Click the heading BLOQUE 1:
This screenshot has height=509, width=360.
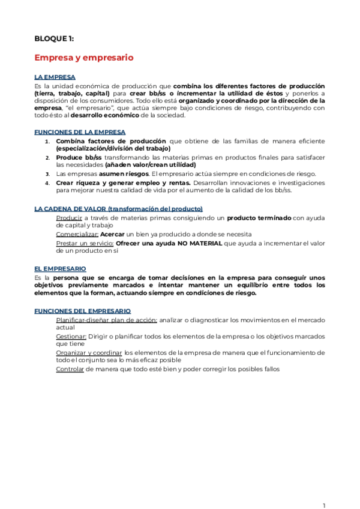pos(54,38)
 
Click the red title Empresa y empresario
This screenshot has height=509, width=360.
pos(83,58)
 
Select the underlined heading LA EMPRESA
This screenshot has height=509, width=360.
pos(55,77)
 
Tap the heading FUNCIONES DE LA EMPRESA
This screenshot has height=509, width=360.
pos(80,132)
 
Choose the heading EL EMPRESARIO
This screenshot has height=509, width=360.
pos(60,268)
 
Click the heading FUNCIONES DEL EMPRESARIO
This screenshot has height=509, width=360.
pos(82,312)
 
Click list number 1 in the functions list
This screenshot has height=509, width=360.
pos(48,141)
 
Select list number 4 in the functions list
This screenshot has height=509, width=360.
pos(48,182)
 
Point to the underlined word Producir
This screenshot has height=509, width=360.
pos(68,217)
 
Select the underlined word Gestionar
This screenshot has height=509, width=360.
pos(71,337)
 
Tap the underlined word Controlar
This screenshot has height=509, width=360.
pos(70,369)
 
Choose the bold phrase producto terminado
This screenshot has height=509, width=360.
pos(259,217)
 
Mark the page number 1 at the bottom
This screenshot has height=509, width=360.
pos(323,488)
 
